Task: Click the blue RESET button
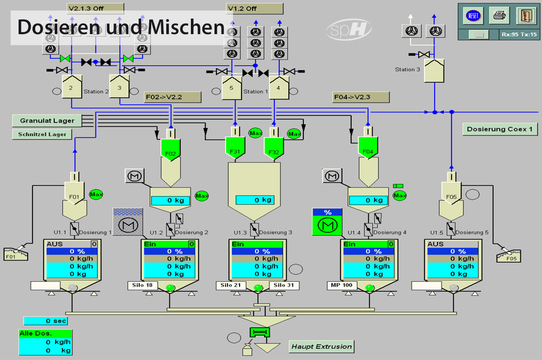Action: [x=473, y=16]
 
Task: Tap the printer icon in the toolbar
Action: [x=499, y=16]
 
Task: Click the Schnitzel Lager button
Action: [x=42, y=134]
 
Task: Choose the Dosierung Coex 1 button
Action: [x=499, y=129]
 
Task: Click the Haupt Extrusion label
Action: [x=321, y=346]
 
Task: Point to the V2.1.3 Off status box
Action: [x=95, y=9]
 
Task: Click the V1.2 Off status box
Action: [x=255, y=9]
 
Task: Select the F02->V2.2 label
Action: [x=172, y=97]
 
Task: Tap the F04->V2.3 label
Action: [x=361, y=97]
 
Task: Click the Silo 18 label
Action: [x=143, y=285]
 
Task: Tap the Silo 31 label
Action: [x=284, y=285]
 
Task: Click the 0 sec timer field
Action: [x=45, y=320]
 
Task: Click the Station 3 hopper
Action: [x=434, y=70]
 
